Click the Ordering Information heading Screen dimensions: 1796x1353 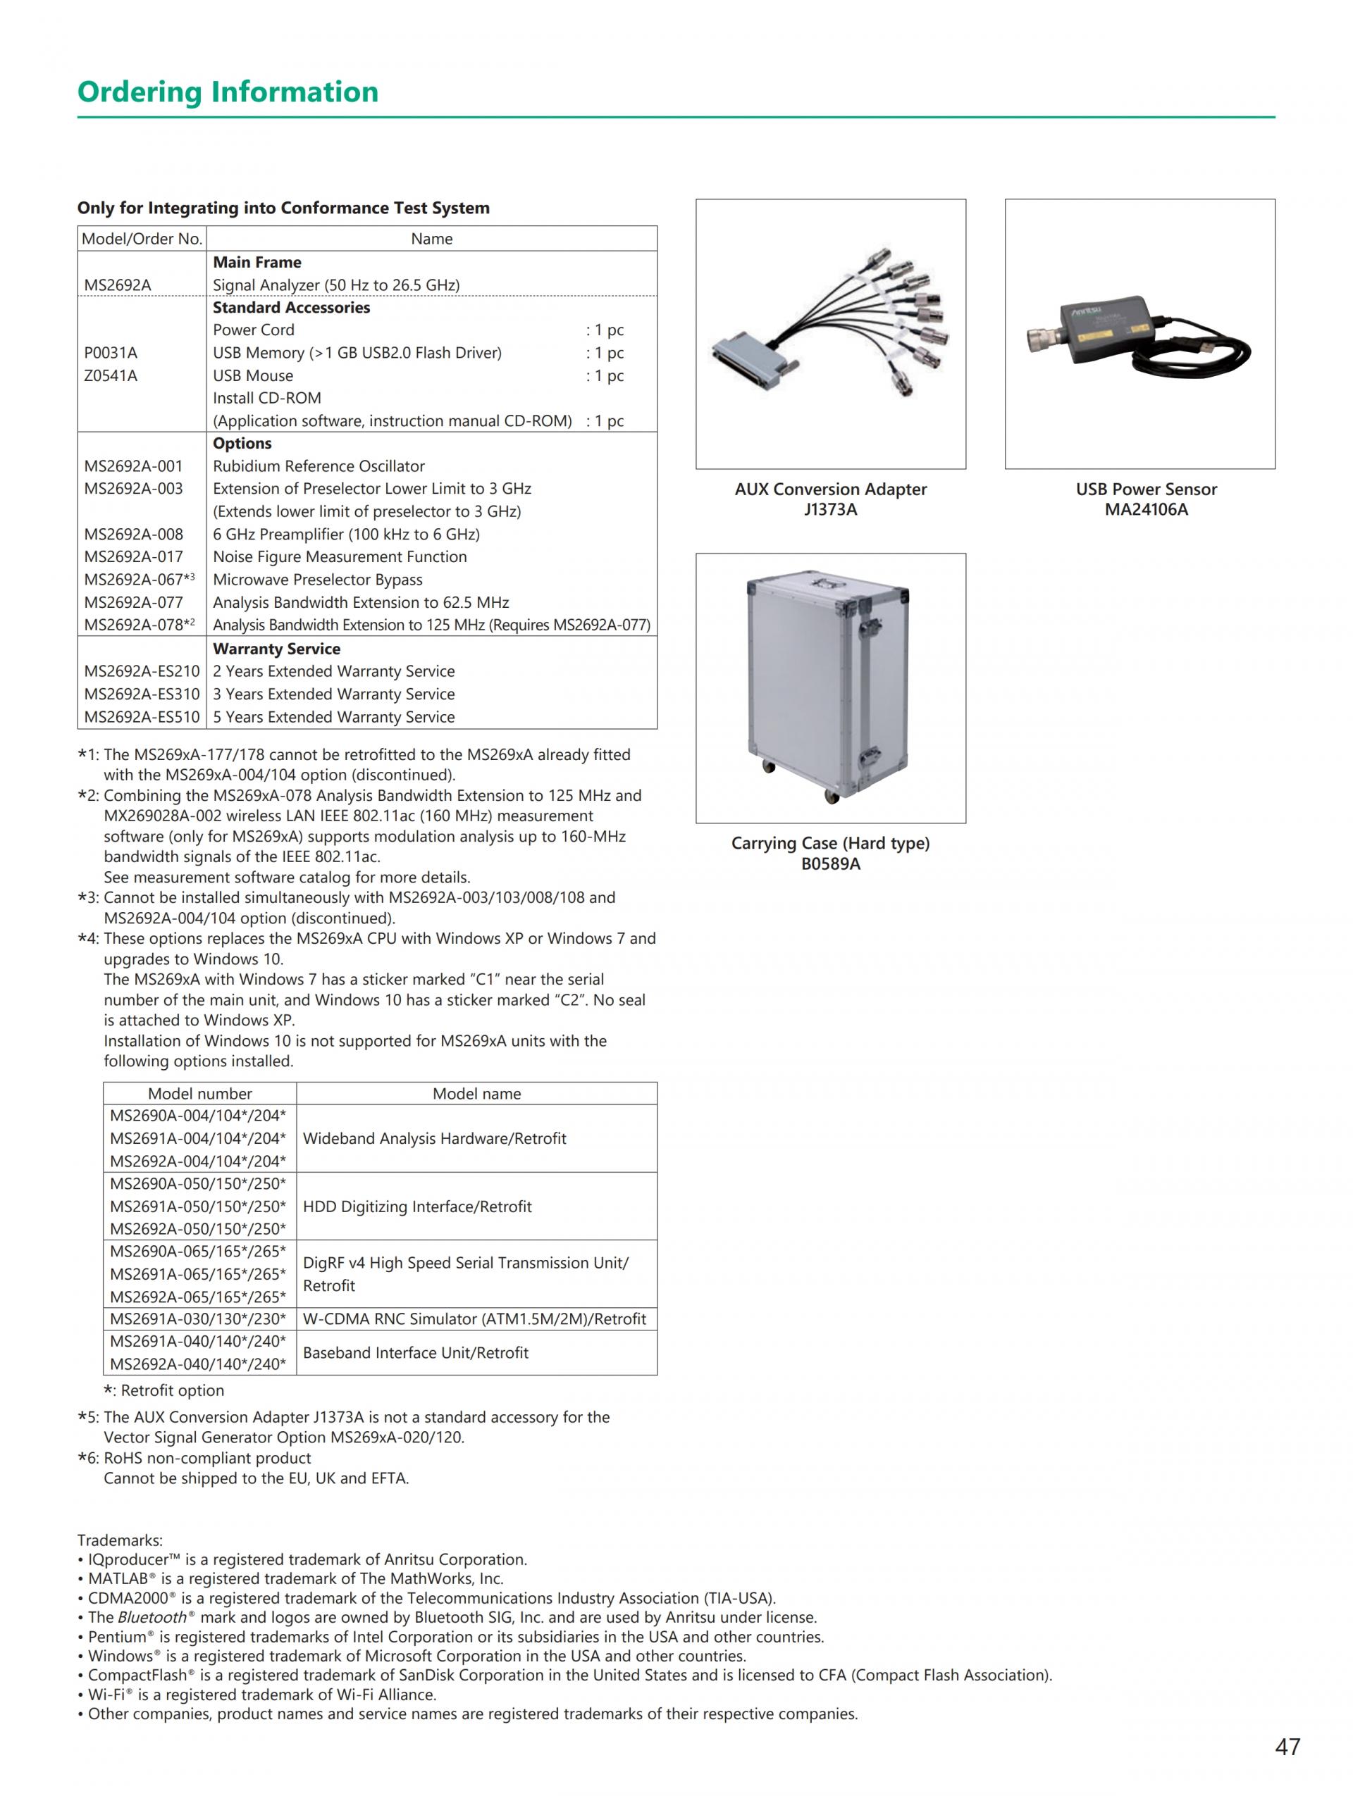(228, 92)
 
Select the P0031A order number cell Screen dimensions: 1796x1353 (111, 352)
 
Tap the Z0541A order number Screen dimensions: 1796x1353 (111, 375)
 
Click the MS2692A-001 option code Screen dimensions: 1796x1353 (133, 466)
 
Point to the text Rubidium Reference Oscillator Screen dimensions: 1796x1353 (319, 466)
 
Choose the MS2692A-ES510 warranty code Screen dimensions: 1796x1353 (142, 717)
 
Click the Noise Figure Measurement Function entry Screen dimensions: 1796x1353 (340, 557)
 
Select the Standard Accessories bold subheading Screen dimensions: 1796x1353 (291, 308)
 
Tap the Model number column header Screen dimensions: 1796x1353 (200, 1094)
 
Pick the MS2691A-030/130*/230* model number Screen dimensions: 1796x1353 (198, 1318)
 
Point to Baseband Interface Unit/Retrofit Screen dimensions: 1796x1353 (415, 1353)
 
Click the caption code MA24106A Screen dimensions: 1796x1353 (1146, 510)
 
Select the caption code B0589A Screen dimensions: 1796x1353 (830, 864)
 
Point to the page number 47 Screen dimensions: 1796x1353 (1287, 1747)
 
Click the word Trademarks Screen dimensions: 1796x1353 (119, 1540)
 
